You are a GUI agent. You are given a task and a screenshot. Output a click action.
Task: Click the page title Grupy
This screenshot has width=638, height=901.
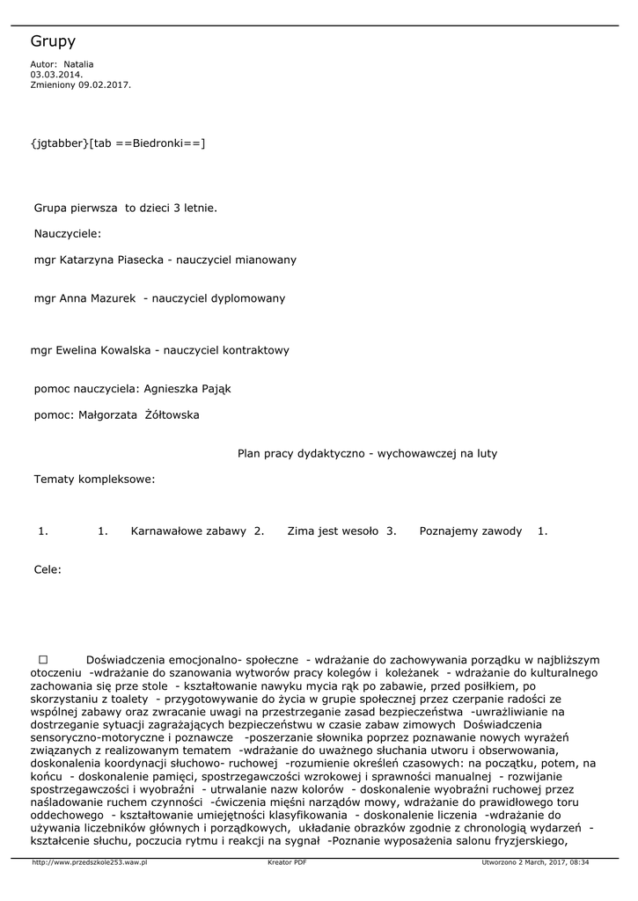[x=53, y=41]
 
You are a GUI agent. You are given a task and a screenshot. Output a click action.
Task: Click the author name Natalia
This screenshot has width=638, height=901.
[x=78, y=64]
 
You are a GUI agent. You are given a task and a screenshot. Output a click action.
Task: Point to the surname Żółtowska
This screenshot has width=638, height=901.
[x=172, y=415]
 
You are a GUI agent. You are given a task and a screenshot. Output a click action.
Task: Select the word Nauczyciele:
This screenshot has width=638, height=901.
[x=68, y=234]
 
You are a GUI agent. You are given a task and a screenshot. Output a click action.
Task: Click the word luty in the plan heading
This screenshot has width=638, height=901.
[x=486, y=454]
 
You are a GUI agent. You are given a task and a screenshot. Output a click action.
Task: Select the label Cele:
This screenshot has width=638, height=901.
[x=48, y=570]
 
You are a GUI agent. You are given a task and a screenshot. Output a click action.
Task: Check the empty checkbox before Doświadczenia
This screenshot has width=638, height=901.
[x=42, y=659]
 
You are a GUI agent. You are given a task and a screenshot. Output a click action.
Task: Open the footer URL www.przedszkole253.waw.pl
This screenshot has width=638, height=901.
[x=89, y=863]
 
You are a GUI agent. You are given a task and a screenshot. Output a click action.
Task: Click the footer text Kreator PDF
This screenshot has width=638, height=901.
[x=287, y=863]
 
